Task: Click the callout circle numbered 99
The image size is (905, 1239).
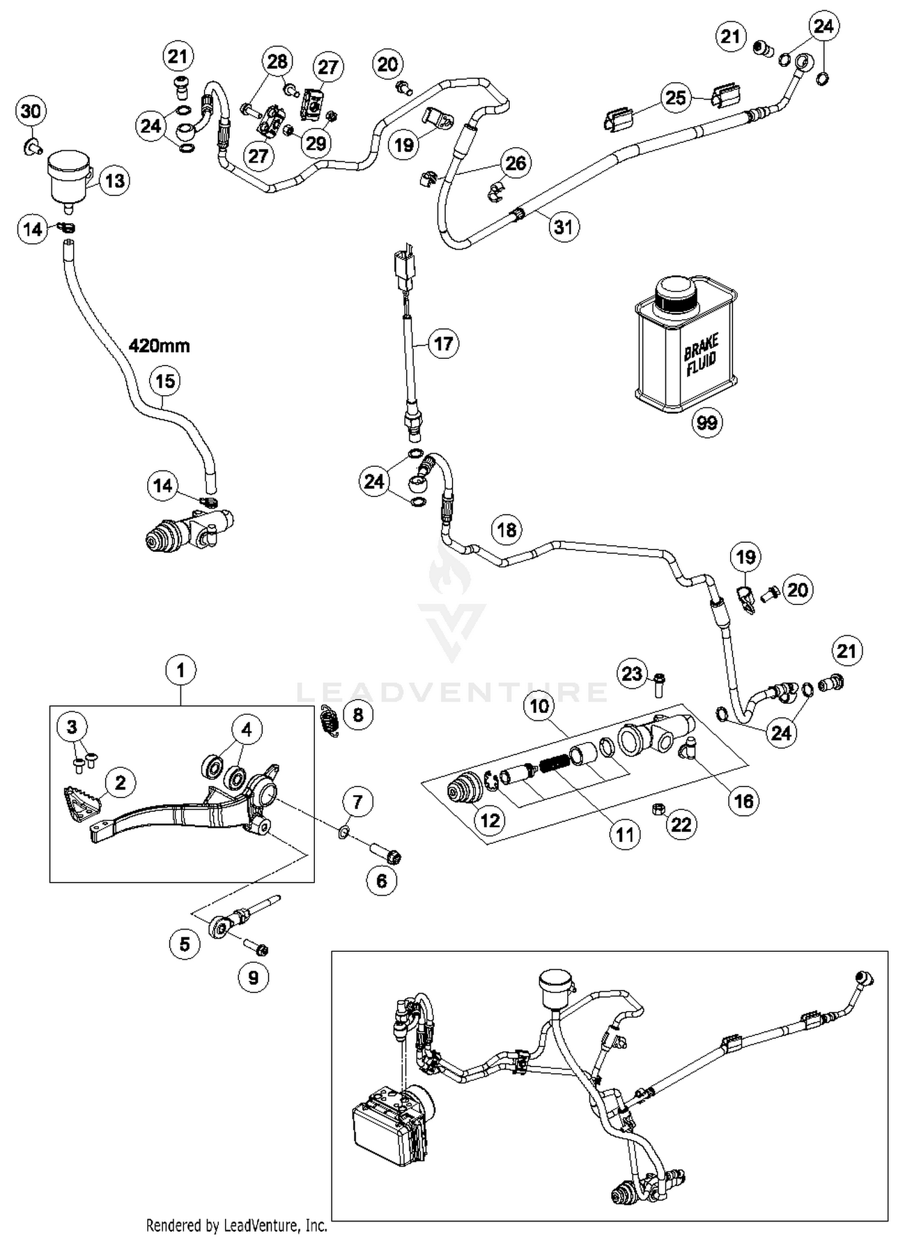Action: coord(707,422)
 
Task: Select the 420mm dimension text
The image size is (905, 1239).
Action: coord(159,346)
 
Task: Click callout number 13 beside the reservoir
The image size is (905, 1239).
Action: coord(115,180)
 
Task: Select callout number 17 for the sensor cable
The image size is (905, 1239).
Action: coord(443,344)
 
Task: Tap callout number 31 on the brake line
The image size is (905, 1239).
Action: coord(564,227)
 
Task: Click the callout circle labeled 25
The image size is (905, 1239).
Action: coord(676,98)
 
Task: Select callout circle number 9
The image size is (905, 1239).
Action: coord(253,977)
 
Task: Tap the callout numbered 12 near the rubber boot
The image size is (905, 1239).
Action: coord(490,820)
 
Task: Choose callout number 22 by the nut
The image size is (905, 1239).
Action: coord(681,825)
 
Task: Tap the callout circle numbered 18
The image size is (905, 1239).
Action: coord(506,530)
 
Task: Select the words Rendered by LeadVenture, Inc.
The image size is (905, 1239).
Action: coord(237,1225)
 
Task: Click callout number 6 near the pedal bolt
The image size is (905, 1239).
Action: coord(382,881)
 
